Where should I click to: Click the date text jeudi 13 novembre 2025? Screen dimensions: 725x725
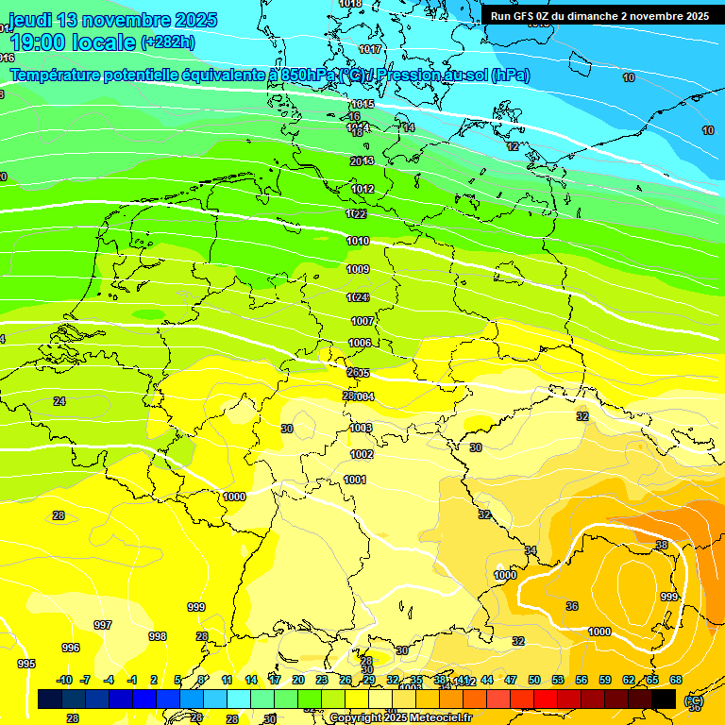(112, 20)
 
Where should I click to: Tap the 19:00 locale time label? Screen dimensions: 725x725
(73, 42)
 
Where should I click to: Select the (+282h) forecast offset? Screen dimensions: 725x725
(167, 42)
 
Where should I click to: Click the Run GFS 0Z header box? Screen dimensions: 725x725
(599, 16)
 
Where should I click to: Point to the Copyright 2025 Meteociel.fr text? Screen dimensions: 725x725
(401, 718)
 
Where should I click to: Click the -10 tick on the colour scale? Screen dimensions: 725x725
(64, 681)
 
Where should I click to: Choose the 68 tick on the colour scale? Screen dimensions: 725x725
(676, 681)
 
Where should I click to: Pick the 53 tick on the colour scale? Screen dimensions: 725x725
(558, 681)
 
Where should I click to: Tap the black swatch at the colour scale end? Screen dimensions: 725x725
(664, 699)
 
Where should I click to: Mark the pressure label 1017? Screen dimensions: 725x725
(370, 49)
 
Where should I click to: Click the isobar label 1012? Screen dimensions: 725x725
(363, 189)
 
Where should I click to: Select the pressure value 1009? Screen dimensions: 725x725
(358, 270)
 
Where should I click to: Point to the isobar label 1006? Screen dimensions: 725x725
(360, 343)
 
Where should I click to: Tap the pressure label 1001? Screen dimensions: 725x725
(355, 480)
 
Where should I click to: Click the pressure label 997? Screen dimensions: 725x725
(103, 625)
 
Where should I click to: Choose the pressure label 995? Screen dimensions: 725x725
(26, 664)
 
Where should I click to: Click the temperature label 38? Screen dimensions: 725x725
(662, 546)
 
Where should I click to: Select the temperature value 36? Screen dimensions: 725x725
(572, 606)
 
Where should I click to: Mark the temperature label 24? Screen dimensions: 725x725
(59, 401)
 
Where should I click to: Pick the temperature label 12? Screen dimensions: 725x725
(513, 146)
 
